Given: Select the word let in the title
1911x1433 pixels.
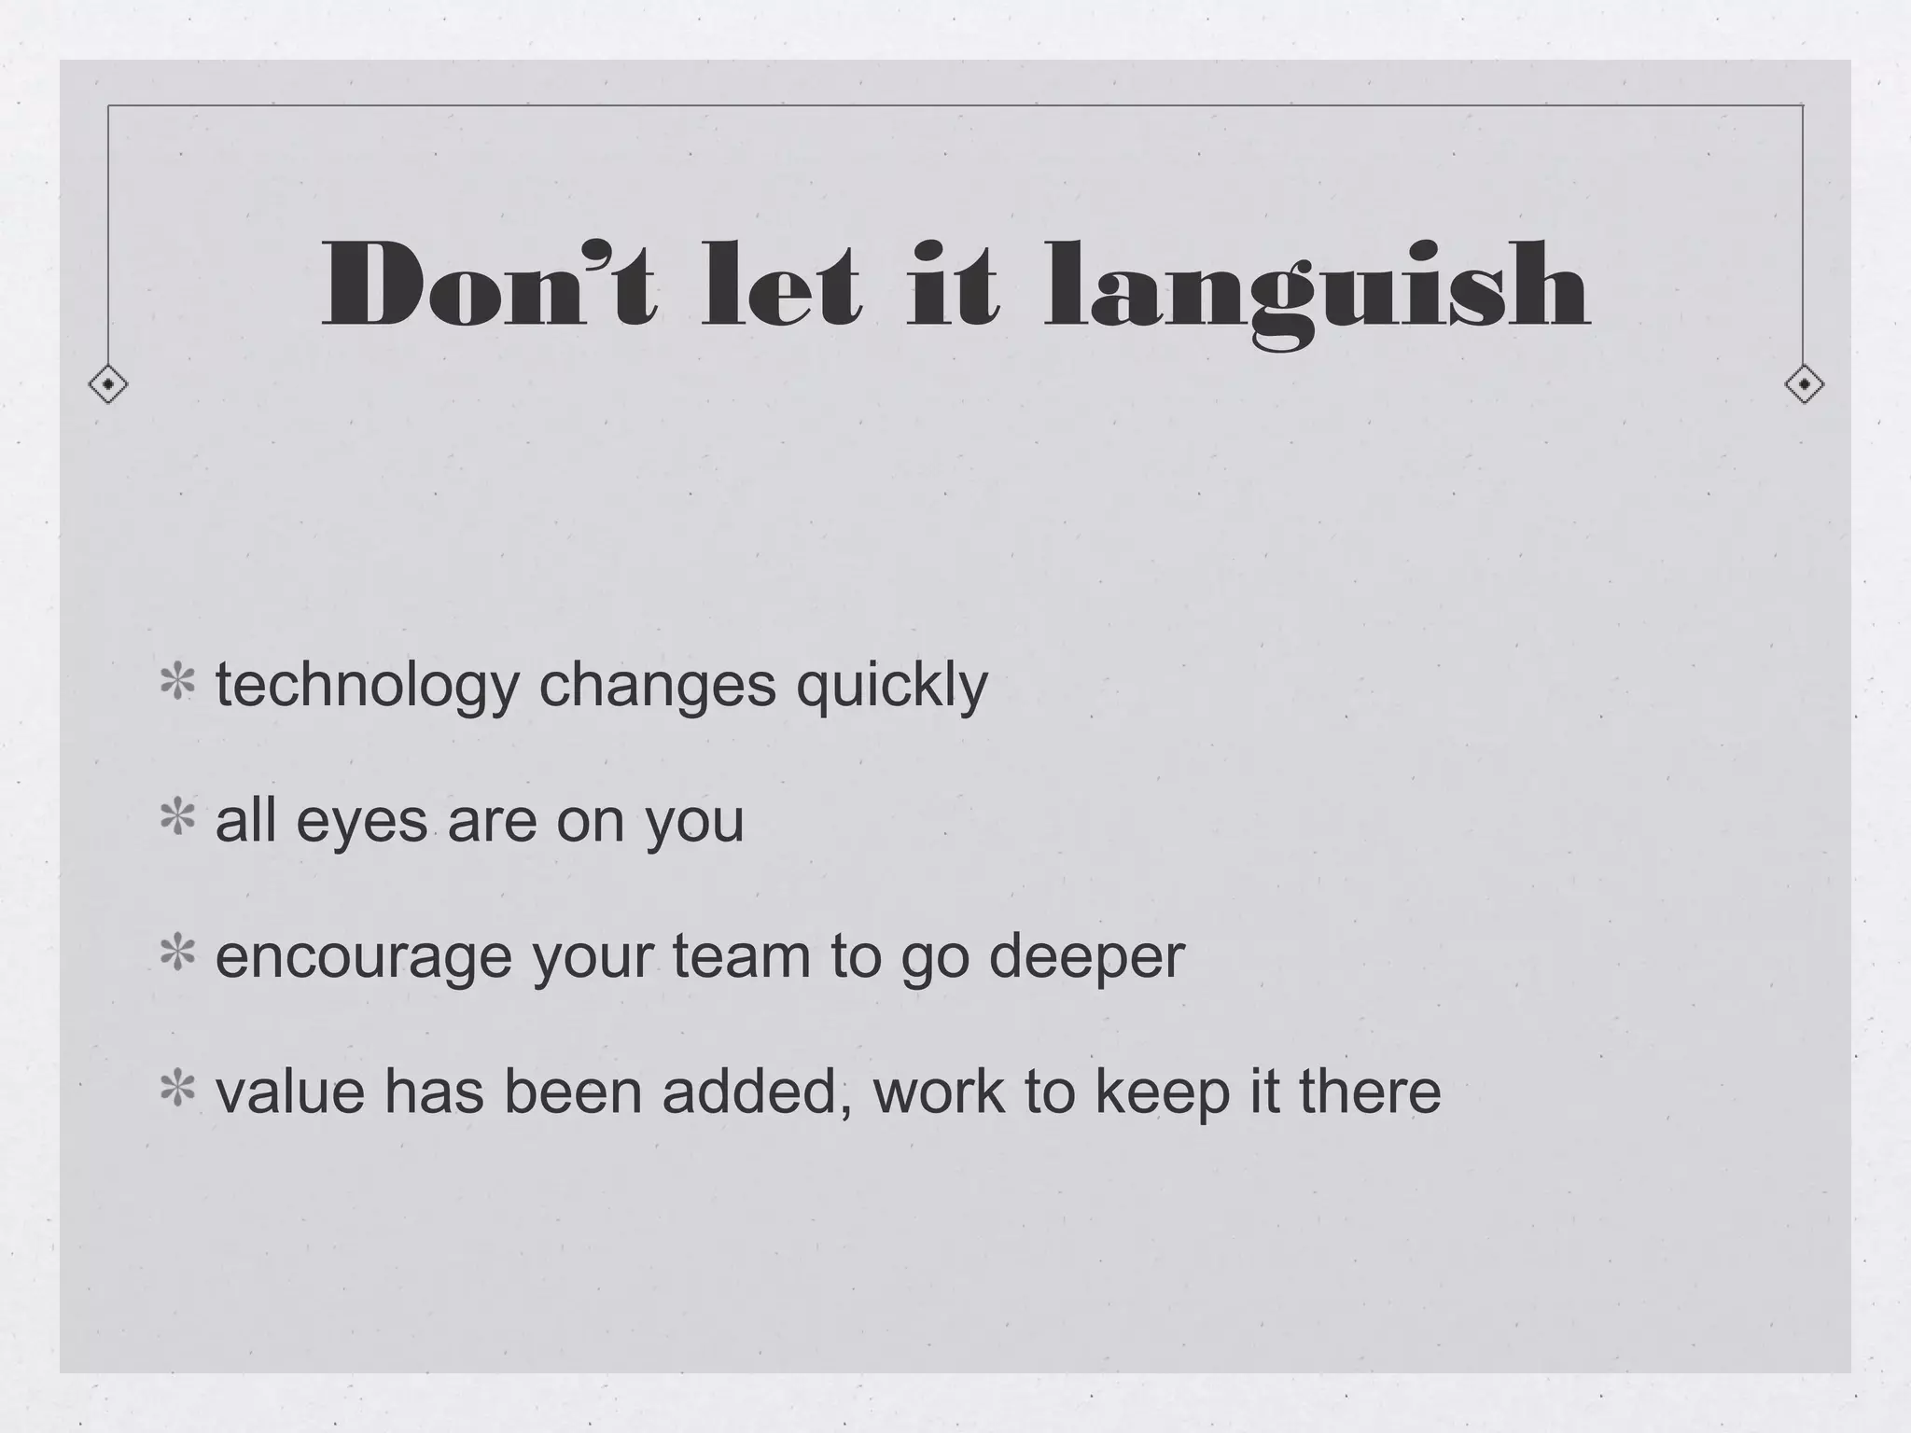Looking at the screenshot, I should pyautogui.click(x=780, y=284).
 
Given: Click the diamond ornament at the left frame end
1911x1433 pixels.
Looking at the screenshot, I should pyautogui.click(x=108, y=383).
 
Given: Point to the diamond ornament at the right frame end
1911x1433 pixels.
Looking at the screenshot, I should pyautogui.click(x=1804, y=383).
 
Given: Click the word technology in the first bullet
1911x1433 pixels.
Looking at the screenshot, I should pyautogui.click(x=367, y=686).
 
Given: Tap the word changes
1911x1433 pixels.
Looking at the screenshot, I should pyautogui.click(x=657, y=686).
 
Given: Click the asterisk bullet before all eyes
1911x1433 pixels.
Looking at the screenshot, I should pyautogui.click(x=177, y=818).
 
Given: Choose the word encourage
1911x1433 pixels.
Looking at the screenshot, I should pyautogui.click(x=364, y=957).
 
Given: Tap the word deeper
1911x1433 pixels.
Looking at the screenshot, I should pyautogui.click(x=1086, y=957).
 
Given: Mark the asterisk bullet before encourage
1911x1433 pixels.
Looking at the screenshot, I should pyautogui.click(x=177, y=953).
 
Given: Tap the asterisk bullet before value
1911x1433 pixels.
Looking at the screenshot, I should pyautogui.click(x=177, y=1089).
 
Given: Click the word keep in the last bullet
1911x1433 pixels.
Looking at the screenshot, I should pyautogui.click(x=1163, y=1092).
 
